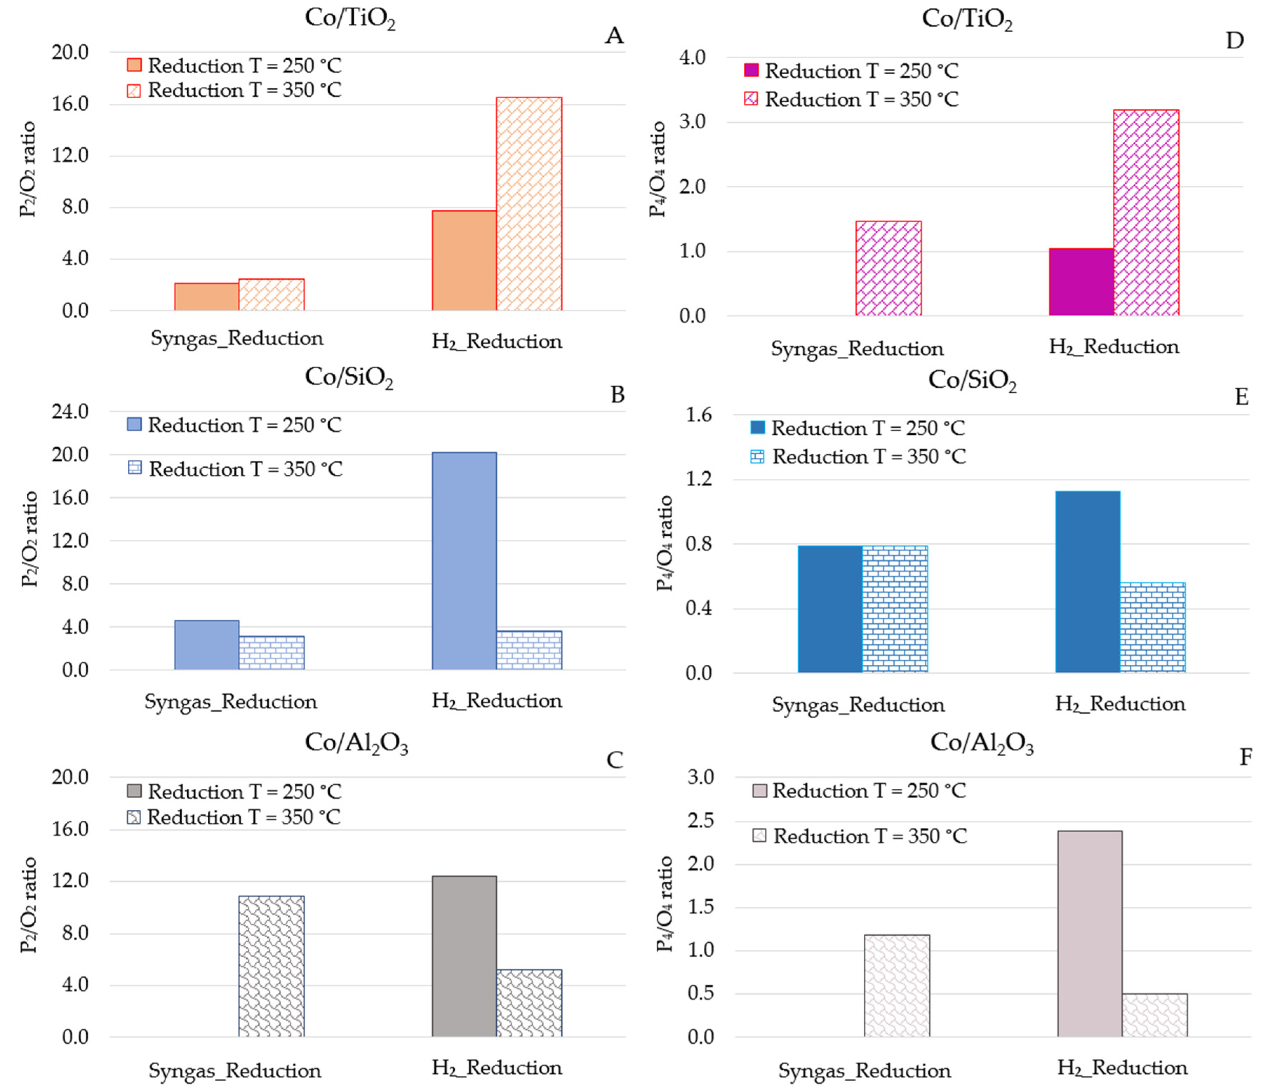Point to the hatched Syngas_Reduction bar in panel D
888,269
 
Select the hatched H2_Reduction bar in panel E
1153,628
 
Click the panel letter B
617,395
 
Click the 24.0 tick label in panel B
70,412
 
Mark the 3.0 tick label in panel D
692,122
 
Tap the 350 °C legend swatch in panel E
757,457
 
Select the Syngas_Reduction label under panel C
235,1071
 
